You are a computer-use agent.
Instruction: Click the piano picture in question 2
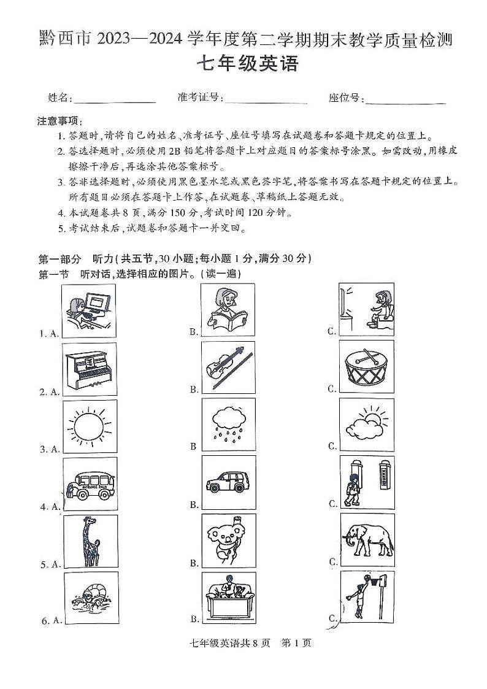(x=90, y=368)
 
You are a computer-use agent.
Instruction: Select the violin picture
(x=228, y=367)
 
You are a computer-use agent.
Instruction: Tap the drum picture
(x=366, y=366)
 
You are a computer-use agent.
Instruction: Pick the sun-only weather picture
(x=90, y=425)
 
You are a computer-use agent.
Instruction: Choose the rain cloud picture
(x=228, y=425)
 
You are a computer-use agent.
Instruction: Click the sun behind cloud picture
(x=366, y=424)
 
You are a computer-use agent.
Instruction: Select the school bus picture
(x=90, y=484)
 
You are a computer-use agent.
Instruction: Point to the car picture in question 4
(x=228, y=482)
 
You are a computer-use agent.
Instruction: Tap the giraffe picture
(x=90, y=541)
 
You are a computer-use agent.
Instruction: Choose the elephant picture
(x=367, y=540)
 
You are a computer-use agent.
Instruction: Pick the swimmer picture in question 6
(x=90, y=599)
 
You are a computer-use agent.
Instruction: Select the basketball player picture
(x=367, y=597)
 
